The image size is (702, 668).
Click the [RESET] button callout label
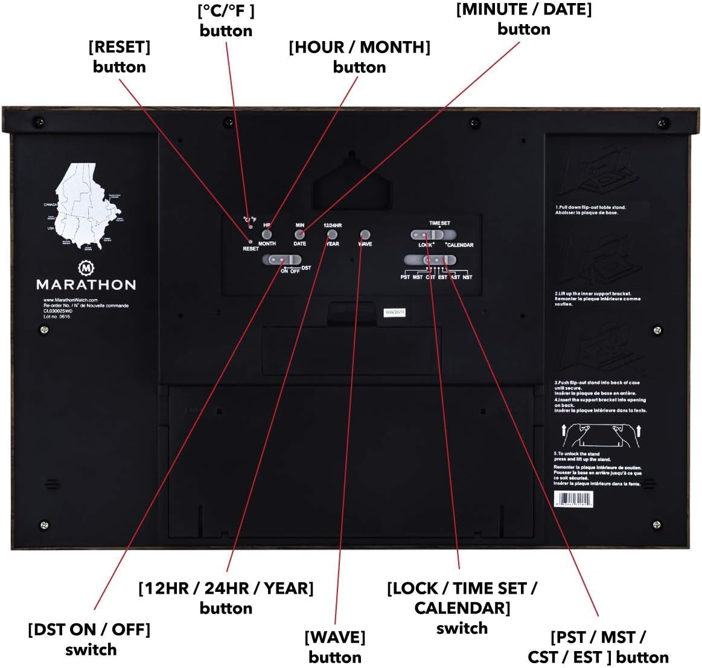[x=120, y=57]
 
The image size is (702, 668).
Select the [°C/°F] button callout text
[x=226, y=21]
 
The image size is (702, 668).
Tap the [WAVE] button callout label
[x=335, y=647]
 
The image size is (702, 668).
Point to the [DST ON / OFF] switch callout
[x=89, y=639]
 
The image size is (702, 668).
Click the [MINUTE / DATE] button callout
[x=524, y=19]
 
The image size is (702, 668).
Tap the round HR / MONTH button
[x=267, y=234]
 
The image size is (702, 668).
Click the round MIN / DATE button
[x=299, y=234]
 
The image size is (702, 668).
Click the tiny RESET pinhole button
[x=250, y=241]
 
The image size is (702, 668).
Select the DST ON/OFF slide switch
[x=281, y=260]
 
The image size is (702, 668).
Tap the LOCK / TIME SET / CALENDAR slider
[x=433, y=234]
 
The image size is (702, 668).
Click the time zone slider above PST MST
[x=430, y=260]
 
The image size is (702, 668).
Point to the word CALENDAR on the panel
[x=460, y=245]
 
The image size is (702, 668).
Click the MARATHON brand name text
[x=86, y=284]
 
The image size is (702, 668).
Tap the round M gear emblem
[x=86, y=267]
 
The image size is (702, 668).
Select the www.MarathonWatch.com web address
[x=70, y=300]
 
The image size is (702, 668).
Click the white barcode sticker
[x=573, y=499]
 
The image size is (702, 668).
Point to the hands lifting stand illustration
[x=601, y=435]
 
